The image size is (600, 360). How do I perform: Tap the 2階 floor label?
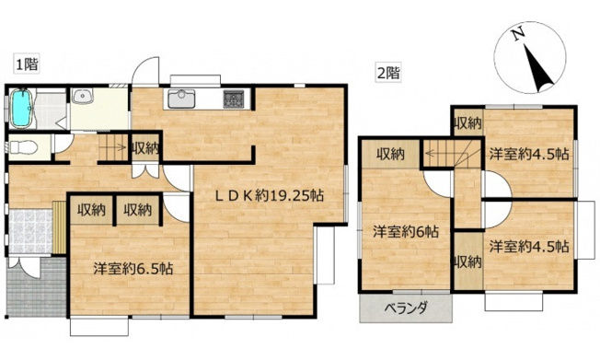click(387, 71)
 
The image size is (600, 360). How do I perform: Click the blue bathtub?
click(22, 110)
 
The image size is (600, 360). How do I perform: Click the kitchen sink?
click(180, 98)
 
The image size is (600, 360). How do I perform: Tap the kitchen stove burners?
click(232, 97)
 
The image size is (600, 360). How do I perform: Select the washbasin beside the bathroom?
click(82, 97)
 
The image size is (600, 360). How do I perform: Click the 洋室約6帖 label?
click(405, 232)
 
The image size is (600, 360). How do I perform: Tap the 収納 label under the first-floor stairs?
click(145, 147)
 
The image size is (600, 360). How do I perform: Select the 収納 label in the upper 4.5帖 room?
click(468, 122)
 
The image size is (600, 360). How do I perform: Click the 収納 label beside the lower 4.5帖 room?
click(468, 261)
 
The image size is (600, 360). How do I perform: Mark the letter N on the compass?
click(518, 34)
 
